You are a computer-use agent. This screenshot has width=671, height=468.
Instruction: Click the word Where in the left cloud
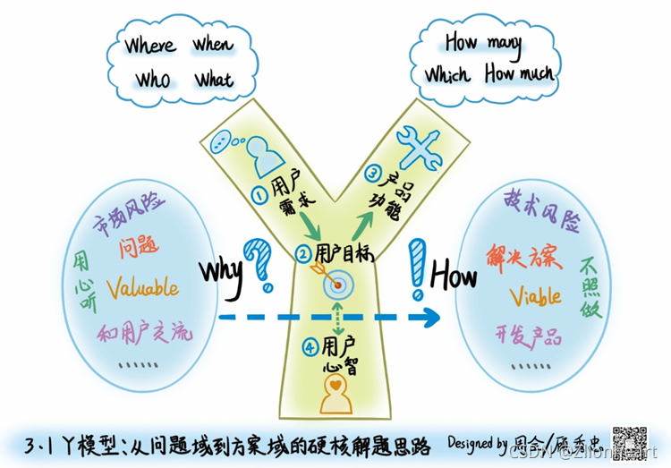tap(150, 45)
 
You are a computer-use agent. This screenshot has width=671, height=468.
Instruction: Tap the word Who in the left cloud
tap(153, 81)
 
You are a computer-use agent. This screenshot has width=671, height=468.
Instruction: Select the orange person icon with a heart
tap(335, 396)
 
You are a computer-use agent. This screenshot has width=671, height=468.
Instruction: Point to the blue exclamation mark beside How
tap(415, 268)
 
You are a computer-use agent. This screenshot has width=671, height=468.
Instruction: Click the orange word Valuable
tap(142, 287)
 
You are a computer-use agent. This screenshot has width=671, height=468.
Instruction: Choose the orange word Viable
tap(536, 296)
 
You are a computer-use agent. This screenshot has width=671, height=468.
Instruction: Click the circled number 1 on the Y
tap(257, 192)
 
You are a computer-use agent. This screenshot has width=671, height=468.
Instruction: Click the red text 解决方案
tap(523, 257)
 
